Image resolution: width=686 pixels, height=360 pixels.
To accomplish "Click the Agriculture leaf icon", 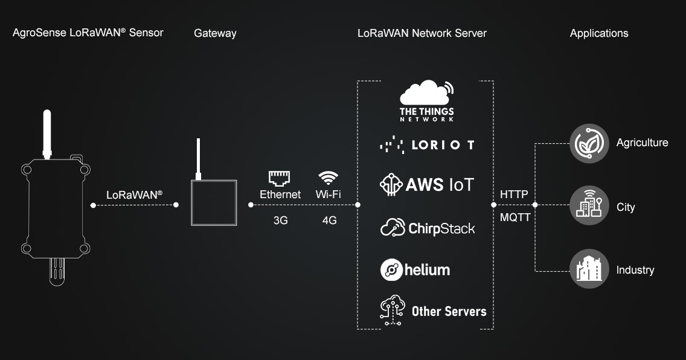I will tap(589, 143).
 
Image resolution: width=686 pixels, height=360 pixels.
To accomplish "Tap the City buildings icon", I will tap(589, 206).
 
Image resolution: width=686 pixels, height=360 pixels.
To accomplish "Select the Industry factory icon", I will tap(589, 269).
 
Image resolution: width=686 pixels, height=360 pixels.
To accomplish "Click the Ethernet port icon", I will tap(280, 178).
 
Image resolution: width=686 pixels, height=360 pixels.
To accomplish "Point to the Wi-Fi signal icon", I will tap(329, 178).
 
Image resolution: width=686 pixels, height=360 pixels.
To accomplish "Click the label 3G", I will tap(281, 220).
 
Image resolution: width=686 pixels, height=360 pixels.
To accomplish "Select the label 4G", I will tap(329, 220).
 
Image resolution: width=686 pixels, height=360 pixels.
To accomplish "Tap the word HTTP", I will tap(514, 194).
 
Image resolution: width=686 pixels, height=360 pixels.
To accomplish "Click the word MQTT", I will tap(515, 217).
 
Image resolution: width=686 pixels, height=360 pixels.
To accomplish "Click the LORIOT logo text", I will tap(443, 145).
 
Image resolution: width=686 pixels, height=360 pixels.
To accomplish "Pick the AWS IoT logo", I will tap(427, 184).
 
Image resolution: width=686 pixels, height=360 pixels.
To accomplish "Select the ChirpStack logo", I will tap(428, 228).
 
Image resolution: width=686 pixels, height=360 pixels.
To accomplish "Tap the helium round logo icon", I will tap(391, 269).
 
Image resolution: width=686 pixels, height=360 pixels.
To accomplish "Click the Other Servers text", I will tap(449, 311).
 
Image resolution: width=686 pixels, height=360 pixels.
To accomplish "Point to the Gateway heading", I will tap(215, 33).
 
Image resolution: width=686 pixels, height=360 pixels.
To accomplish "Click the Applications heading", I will tap(599, 33).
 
